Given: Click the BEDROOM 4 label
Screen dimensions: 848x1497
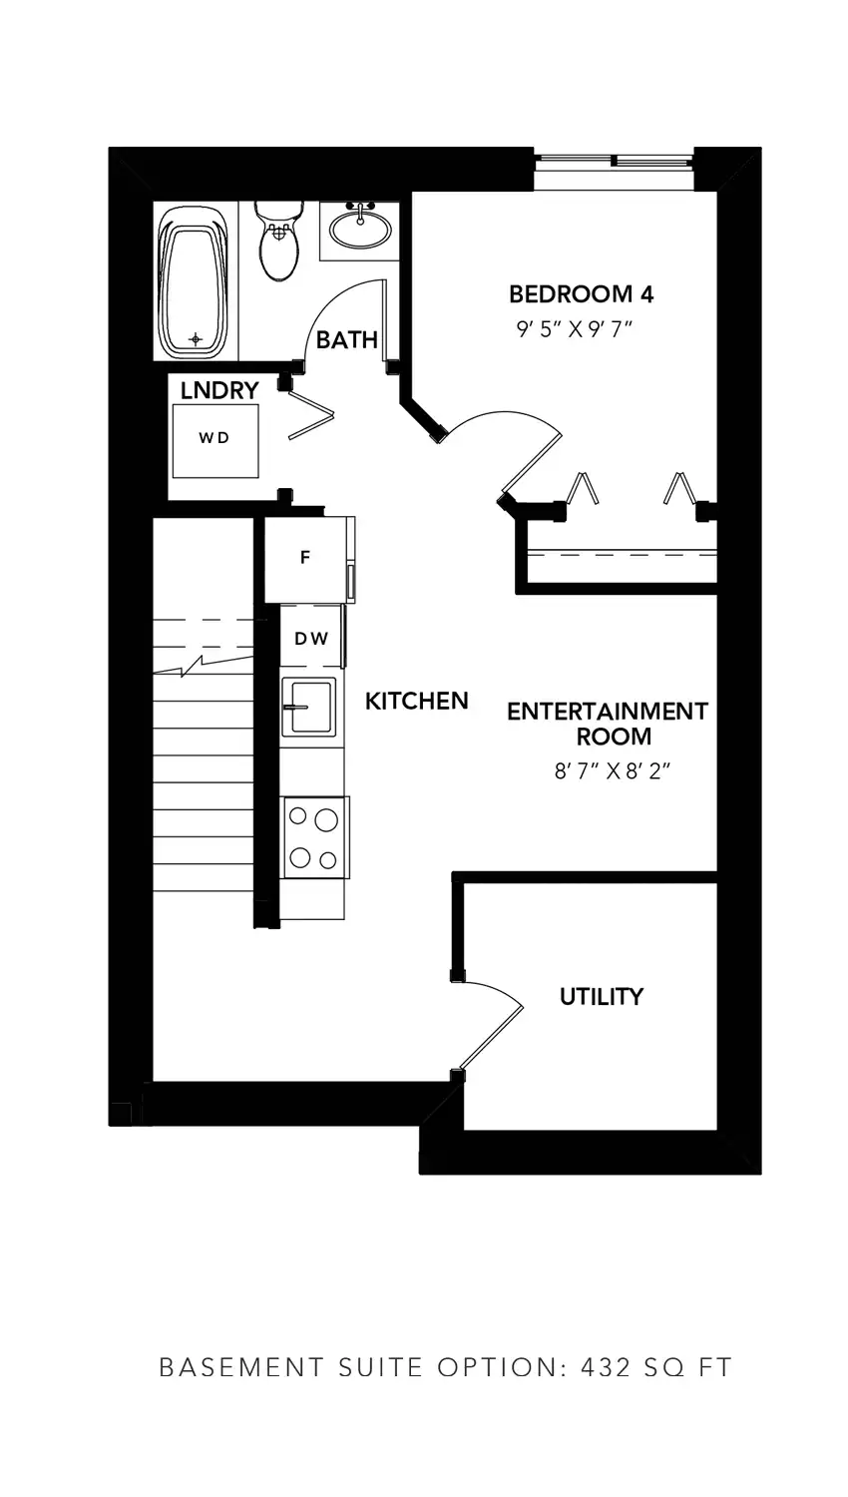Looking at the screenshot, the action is [581, 294].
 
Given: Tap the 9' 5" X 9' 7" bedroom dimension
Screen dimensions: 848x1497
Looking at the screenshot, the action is [574, 328].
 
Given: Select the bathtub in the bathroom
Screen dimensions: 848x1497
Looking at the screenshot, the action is [195, 281].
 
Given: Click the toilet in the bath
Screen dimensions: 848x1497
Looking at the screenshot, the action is [279, 241].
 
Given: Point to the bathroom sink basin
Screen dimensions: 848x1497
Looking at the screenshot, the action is [360, 230].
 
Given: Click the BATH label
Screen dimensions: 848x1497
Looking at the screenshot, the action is [347, 340].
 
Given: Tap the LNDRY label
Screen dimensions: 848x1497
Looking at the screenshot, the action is [219, 390].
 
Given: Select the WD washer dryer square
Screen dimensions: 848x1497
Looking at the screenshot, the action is [215, 440].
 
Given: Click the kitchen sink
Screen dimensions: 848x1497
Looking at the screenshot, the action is [308, 707].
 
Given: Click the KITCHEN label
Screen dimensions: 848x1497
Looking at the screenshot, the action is [416, 701].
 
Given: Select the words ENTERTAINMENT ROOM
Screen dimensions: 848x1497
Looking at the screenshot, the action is [608, 724].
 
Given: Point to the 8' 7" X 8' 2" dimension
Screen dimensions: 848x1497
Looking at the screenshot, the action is [613, 771].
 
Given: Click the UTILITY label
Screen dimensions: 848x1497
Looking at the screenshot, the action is [602, 996].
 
